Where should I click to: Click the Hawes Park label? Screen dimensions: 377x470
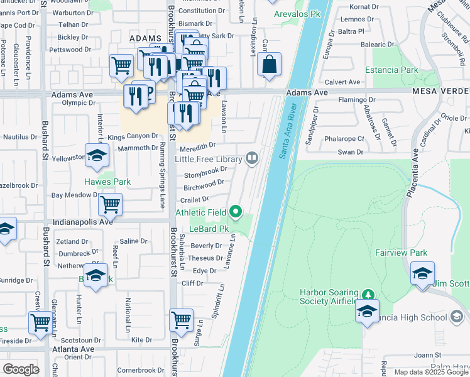point(107,182)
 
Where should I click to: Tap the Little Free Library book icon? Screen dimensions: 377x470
point(252,158)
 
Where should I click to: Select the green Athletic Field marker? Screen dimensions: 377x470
point(236,212)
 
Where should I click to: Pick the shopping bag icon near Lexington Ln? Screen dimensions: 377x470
point(269,64)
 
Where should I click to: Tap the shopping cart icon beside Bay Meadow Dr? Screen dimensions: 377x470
point(110,204)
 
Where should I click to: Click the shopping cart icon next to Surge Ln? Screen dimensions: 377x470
point(181,319)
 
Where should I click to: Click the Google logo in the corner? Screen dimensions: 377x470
point(21,369)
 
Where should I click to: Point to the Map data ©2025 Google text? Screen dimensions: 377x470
point(431,372)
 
